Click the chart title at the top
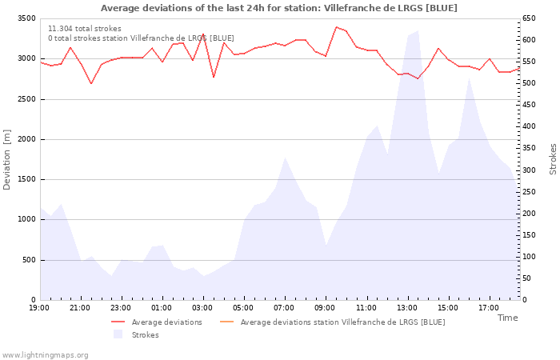click(279, 8)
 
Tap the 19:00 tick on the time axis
click(39, 307)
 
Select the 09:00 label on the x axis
click(325, 307)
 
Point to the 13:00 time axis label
click(406, 307)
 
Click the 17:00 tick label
click(488, 307)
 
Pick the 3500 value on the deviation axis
click(26, 18)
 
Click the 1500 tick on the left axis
click(26, 179)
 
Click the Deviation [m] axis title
click(7, 159)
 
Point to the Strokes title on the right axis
click(553, 159)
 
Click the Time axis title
click(507, 318)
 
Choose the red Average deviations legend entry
click(166, 322)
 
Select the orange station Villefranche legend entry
click(342, 322)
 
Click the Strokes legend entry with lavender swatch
click(145, 334)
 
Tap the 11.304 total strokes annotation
click(85, 29)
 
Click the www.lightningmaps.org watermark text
click(45, 354)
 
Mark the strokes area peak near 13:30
click(418, 31)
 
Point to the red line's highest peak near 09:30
click(336, 27)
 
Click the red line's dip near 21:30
click(91, 83)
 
